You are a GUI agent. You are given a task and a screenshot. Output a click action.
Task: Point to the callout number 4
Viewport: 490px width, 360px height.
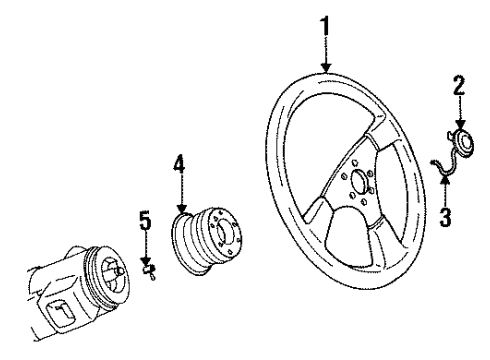click(179, 161)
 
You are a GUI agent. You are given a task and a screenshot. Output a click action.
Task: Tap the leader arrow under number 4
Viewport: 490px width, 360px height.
click(180, 195)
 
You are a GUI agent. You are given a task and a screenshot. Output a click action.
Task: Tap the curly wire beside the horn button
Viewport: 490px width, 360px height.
click(439, 165)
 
